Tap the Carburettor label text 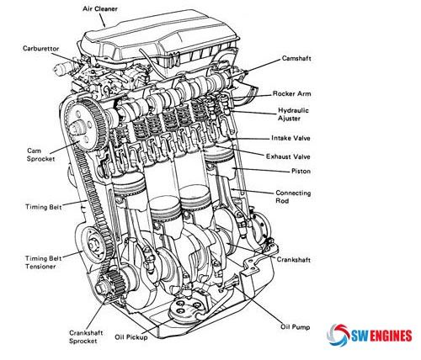click(41, 48)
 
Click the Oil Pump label click(296, 326)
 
